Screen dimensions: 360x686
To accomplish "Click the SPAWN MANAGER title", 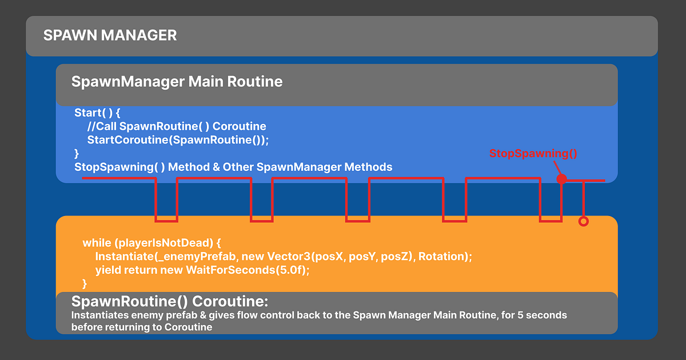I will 110,36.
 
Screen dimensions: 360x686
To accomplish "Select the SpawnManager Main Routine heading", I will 177,82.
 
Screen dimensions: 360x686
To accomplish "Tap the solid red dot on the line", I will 561,179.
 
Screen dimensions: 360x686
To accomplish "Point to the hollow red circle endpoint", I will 583,221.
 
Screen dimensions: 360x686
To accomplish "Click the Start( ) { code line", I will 97,113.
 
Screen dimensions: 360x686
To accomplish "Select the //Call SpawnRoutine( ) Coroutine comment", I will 177,126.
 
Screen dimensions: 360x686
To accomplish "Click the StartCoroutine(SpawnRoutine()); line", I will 178,139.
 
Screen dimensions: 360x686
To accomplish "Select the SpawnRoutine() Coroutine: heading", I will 170,302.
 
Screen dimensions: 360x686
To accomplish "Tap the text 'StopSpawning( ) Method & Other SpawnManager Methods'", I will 233,167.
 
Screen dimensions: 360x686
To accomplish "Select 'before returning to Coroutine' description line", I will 142,327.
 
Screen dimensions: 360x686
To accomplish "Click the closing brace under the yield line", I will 85,283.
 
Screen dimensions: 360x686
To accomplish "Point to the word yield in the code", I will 108,270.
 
